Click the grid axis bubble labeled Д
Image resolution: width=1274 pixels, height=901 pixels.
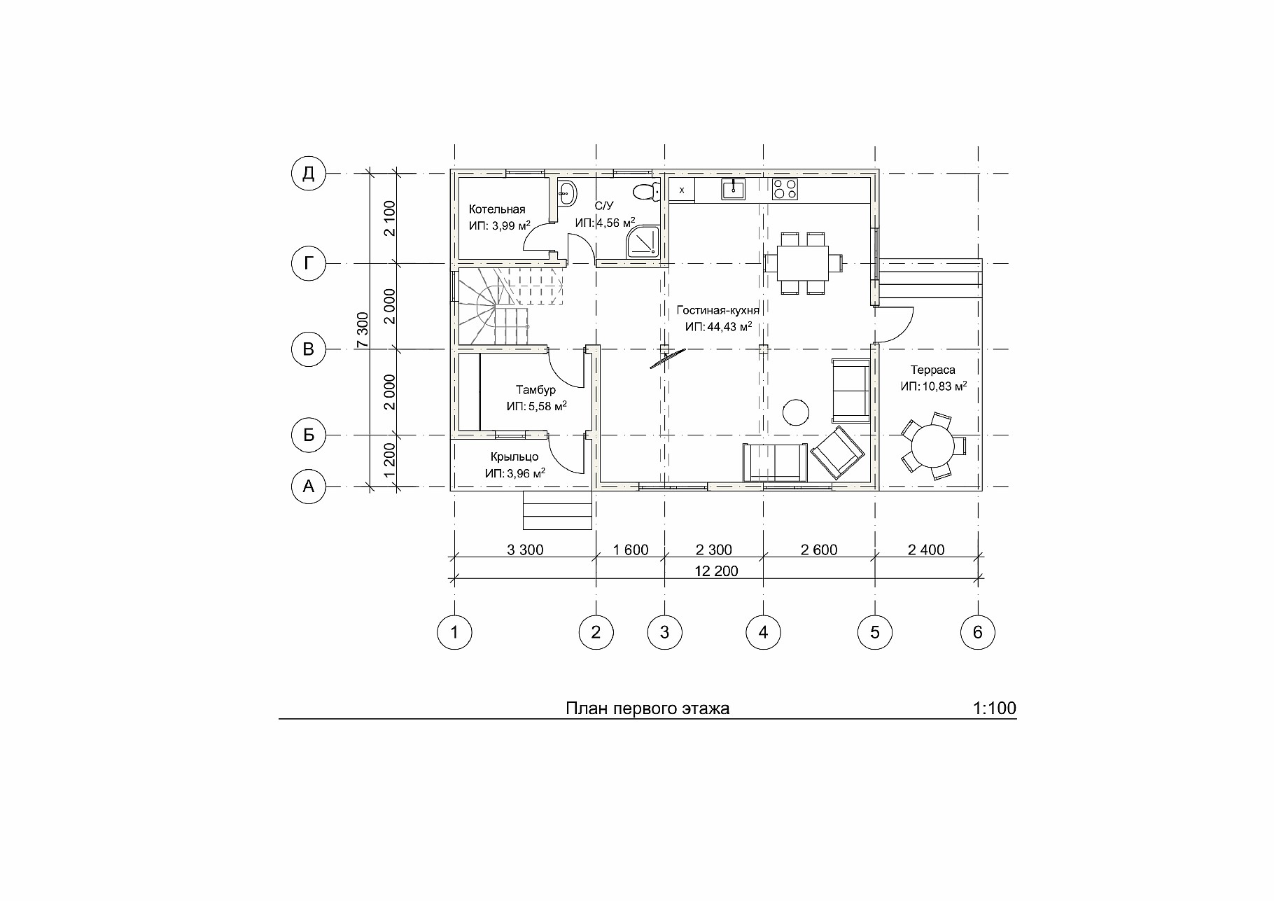[308, 174]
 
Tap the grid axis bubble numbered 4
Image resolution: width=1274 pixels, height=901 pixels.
[763, 633]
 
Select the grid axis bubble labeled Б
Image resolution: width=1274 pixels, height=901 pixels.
[308, 435]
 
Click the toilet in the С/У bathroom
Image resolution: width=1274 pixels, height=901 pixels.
[645, 190]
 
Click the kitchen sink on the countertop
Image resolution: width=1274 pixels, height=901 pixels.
[733, 189]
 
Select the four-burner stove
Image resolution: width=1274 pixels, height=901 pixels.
[785, 189]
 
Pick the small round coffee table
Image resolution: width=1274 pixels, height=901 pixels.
[795, 411]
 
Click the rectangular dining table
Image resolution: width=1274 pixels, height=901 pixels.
[803, 263]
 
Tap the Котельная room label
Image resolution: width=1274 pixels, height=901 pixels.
[497, 209]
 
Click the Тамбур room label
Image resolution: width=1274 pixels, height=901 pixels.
[535, 390]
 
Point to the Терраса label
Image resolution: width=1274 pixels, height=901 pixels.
[932, 370]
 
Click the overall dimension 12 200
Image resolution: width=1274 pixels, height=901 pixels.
[716, 571]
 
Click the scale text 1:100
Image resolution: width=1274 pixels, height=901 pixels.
[994, 708]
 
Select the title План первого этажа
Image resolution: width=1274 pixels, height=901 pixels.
[647, 708]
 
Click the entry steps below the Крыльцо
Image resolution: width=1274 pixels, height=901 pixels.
[558, 510]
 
